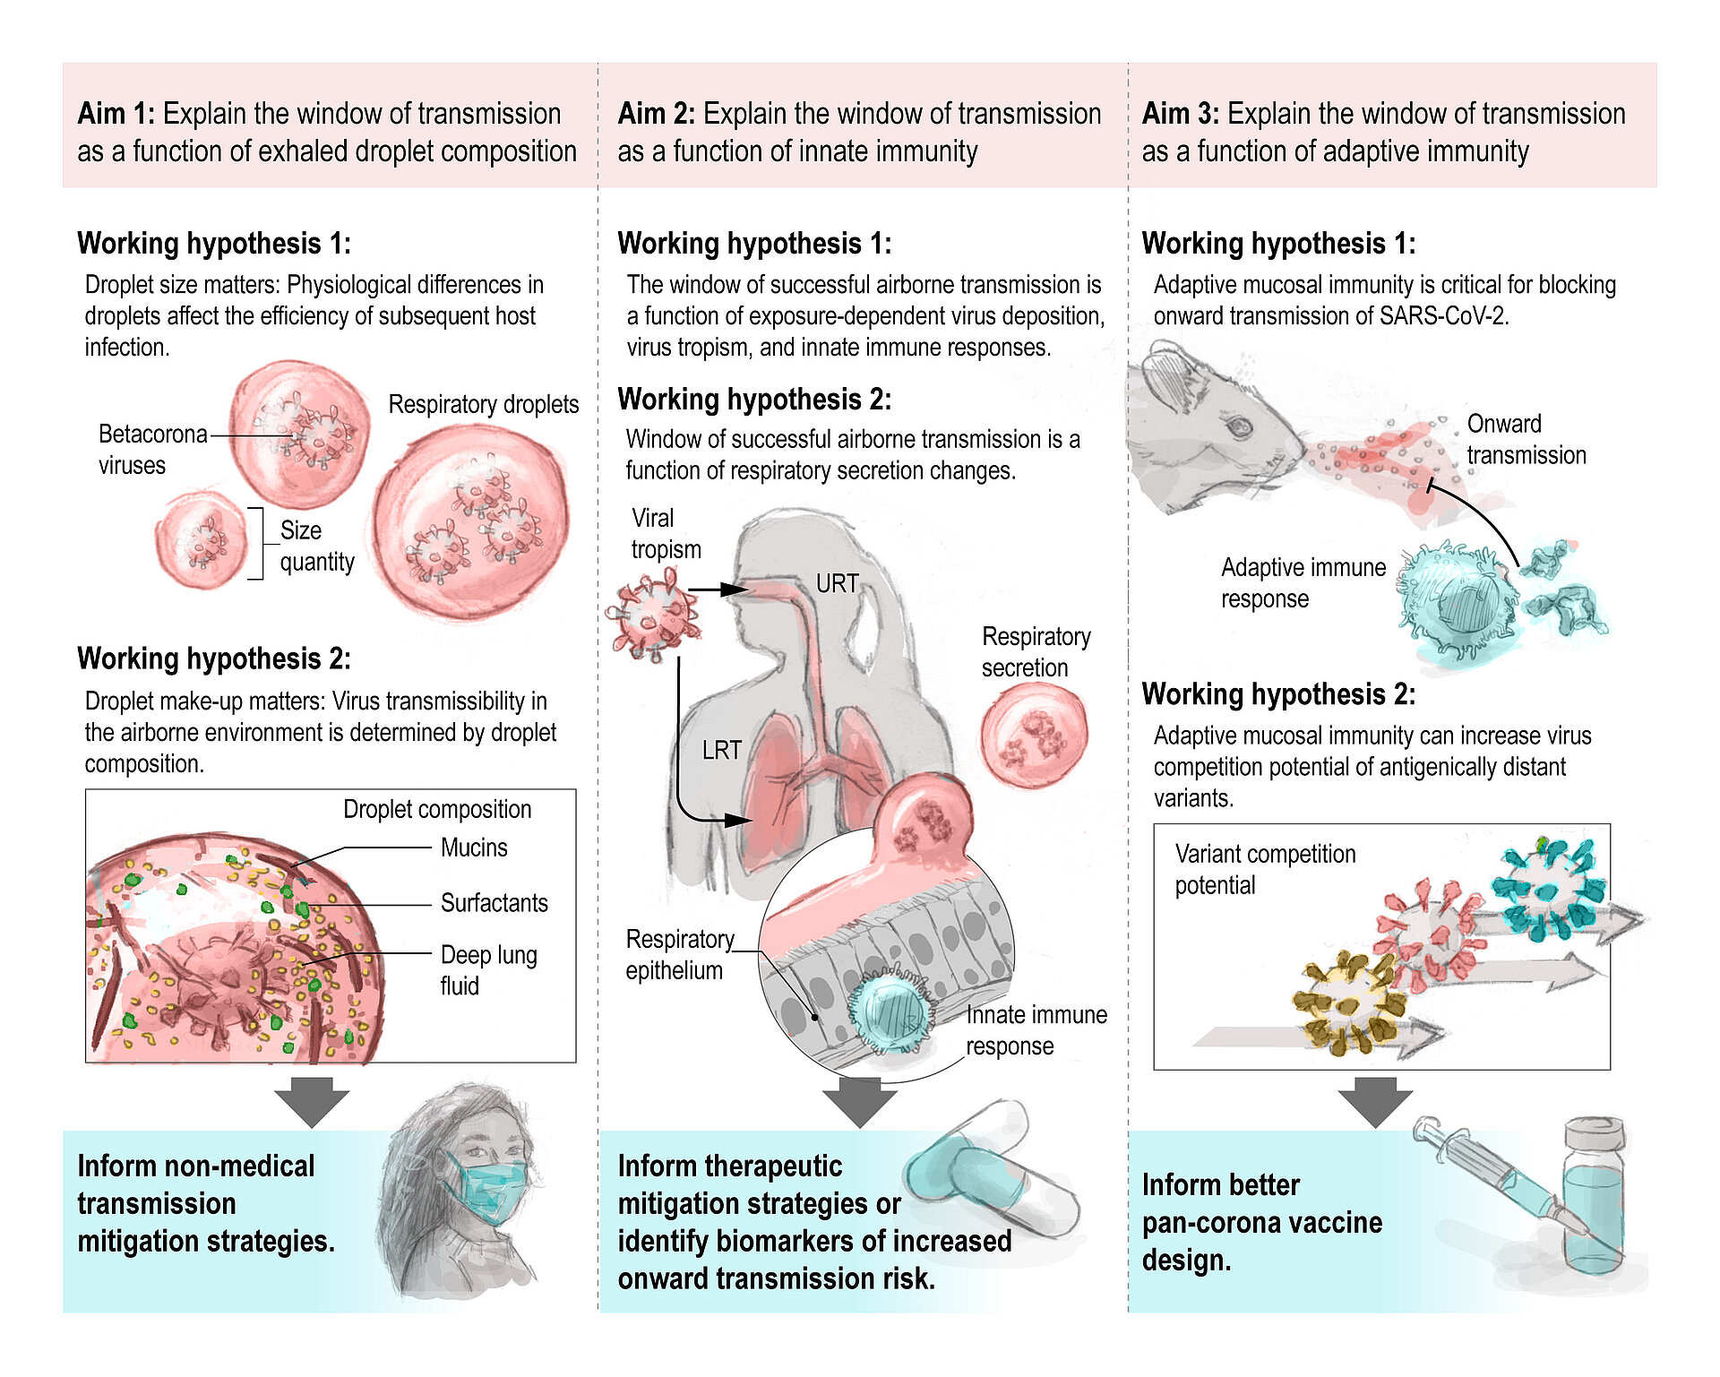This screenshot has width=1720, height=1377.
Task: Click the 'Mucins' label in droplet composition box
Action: [473, 848]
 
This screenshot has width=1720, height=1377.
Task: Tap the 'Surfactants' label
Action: [494, 902]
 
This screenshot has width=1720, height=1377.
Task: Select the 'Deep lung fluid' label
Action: [487, 969]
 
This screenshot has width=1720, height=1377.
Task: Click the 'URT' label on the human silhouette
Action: [837, 584]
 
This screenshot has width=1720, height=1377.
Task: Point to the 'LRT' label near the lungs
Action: [721, 750]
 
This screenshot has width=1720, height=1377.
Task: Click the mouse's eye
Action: [1239, 426]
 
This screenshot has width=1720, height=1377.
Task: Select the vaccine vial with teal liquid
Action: [1593, 1201]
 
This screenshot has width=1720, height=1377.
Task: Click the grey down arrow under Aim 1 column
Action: [312, 1101]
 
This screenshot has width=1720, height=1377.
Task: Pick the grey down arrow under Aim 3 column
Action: [1375, 1101]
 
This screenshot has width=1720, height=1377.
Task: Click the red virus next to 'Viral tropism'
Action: [653, 617]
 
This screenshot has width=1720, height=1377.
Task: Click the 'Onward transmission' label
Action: [1526, 439]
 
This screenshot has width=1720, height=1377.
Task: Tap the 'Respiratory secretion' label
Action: [1036, 651]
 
